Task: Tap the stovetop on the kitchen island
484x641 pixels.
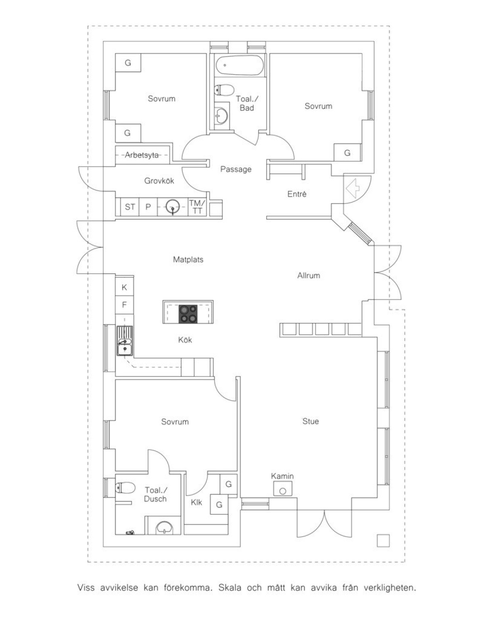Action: (188, 314)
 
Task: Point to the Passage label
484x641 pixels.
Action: (236, 169)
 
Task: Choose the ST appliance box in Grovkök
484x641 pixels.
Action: (130, 207)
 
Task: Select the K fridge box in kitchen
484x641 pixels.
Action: (125, 287)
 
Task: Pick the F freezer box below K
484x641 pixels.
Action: (125, 306)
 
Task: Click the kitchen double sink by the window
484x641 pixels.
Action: (125, 341)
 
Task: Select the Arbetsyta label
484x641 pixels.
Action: (142, 155)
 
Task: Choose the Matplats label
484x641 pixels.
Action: (188, 259)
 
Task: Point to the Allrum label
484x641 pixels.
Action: (309, 275)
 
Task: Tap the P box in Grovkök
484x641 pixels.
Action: (148, 207)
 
